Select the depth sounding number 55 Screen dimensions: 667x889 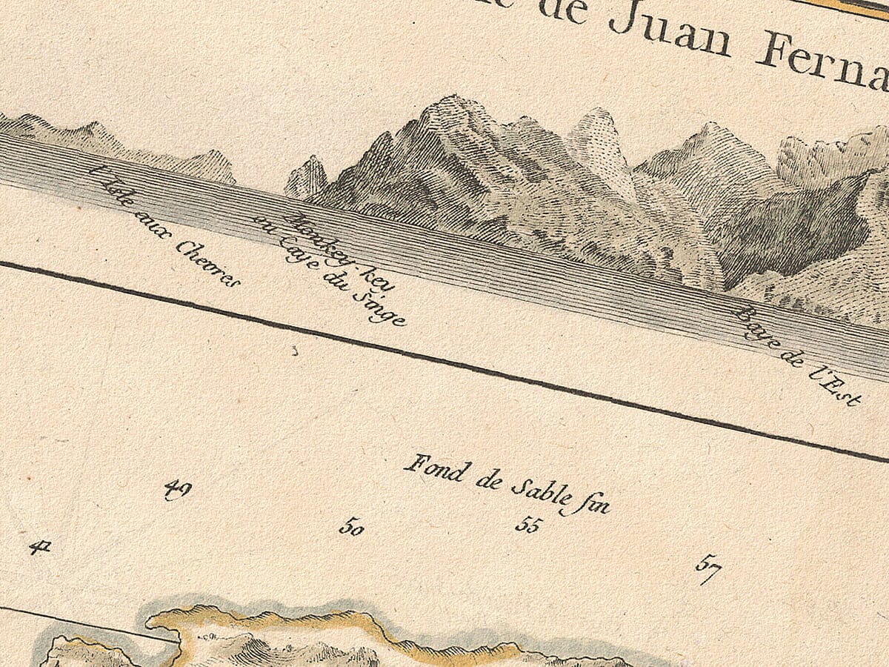[528, 525]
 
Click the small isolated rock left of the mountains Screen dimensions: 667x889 [307, 178]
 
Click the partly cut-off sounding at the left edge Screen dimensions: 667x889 [39, 548]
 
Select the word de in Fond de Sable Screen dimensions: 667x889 [489, 479]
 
